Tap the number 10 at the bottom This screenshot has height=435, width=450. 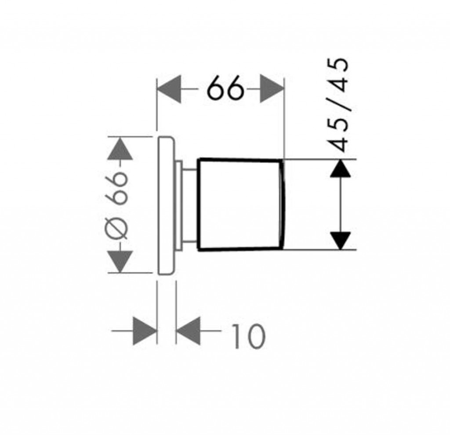click(248, 336)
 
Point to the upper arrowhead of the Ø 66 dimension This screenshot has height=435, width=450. click(120, 148)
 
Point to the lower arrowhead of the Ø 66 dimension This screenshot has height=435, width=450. click(120, 261)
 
